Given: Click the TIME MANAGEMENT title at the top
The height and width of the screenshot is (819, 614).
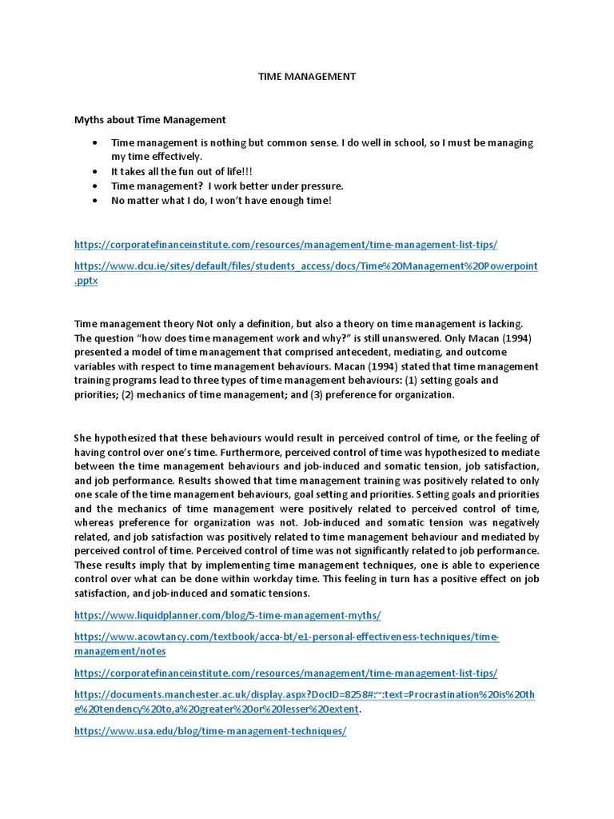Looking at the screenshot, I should click(306, 77).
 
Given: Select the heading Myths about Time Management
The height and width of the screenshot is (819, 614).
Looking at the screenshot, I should click(150, 120).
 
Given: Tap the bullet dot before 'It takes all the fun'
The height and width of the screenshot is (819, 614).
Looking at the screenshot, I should click(94, 172).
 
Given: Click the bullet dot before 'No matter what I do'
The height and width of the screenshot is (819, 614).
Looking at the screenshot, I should click(94, 201).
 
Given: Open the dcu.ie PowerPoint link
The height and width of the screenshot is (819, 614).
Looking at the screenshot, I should click(305, 266).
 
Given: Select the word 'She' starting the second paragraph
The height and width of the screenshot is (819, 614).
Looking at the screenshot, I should click(83, 438).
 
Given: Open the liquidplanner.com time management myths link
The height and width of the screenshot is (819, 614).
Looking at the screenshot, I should click(228, 616).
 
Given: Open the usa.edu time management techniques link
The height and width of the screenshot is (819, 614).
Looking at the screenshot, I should click(210, 732).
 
